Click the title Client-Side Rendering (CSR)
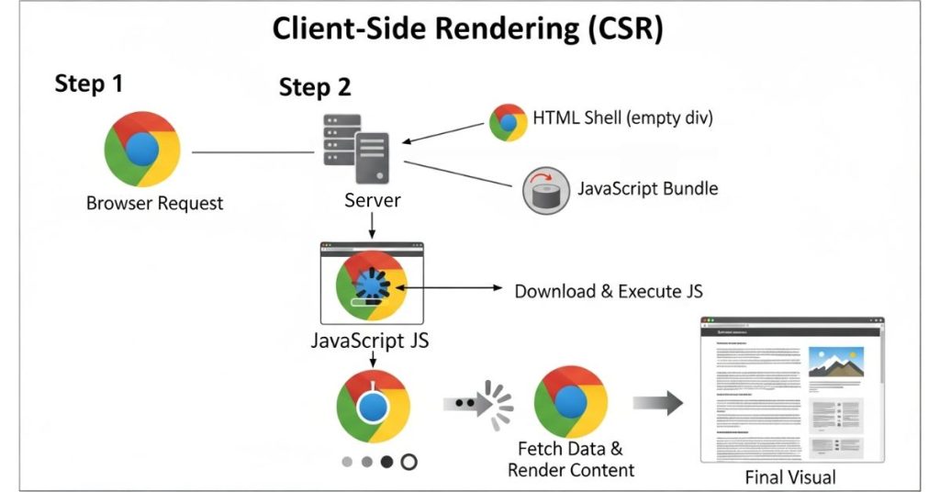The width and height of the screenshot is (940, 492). click(467, 29)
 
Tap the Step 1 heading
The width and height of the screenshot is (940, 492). click(88, 84)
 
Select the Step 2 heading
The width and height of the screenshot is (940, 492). click(315, 88)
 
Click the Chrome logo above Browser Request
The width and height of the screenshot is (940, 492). click(142, 149)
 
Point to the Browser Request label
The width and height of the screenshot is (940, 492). click(154, 203)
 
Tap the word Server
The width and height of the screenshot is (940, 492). click(373, 199)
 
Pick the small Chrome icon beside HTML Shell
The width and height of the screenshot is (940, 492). click(508, 122)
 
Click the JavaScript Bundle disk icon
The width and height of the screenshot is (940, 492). click(543, 190)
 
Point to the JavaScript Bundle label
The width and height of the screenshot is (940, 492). click(647, 189)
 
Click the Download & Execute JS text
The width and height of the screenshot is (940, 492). click(609, 291)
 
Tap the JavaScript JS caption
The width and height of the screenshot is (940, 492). click(371, 343)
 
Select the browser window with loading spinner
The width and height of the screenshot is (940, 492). click(371, 287)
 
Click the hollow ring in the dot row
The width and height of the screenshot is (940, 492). click(408, 462)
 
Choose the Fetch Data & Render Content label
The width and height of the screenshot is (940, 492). click(570, 459)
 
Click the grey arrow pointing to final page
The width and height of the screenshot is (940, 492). click(658, 403)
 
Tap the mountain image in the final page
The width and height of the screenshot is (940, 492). click(835, 362)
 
